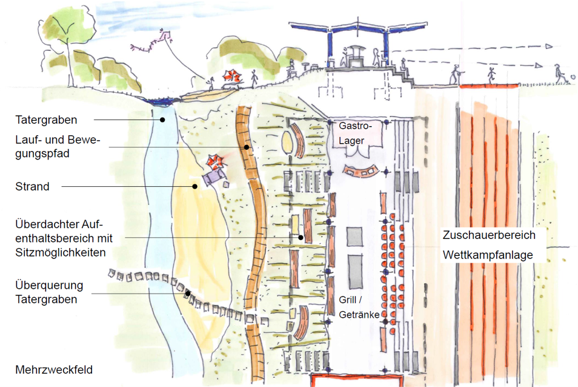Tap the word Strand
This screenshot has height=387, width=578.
pyautogui.click(x=32, y=186)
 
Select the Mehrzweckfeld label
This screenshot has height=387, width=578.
pyautogui.click(x=55, y=369)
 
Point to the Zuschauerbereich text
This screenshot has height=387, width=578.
pyautogui.click(x=489, y=235)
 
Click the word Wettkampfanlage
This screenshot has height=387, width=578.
pyautogui.click(x=488, y=255)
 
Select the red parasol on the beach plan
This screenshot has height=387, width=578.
pyautogui.click(x=214, y=162)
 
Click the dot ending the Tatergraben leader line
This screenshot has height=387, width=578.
pyautogui.click(x=162, y=120)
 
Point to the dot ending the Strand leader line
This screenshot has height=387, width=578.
pyautogui.click(x=194, y=186)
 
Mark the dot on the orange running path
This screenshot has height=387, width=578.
pyautogui.click(x=247, y=147)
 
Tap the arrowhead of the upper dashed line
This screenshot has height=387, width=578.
pyautogui.click(x=548, y=46)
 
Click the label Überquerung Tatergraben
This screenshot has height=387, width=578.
pyautogui.click(x=50, y=292)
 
